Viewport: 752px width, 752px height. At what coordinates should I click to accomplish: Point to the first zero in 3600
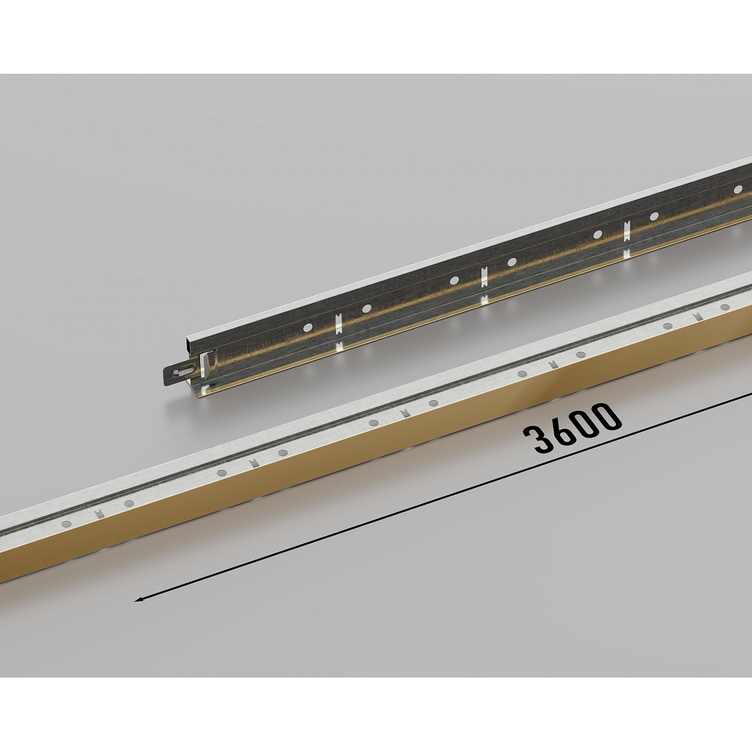582,422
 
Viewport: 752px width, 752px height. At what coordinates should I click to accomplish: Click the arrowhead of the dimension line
139,599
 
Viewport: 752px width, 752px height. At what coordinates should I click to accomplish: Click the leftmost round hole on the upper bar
308,328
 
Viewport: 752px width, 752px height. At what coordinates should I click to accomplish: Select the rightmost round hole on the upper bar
738,190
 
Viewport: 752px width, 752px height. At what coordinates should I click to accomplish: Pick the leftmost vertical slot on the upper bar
338,325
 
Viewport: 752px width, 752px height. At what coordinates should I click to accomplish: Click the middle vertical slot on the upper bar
484,278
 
